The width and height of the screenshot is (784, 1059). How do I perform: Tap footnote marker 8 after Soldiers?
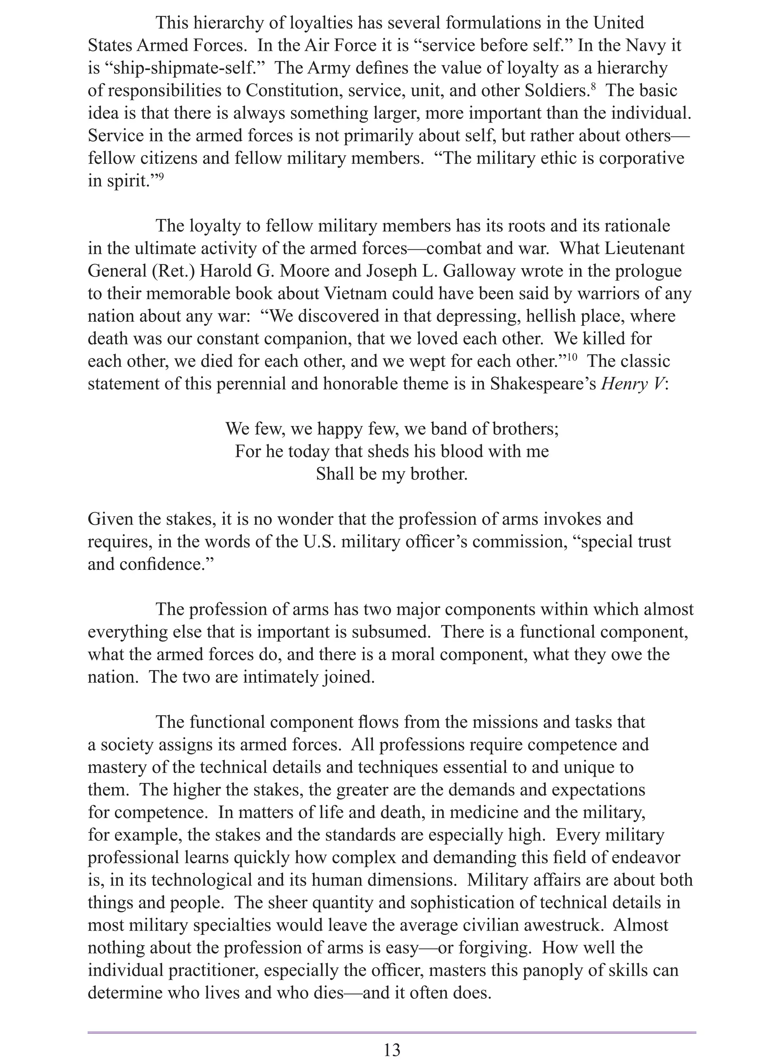(594, 87)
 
